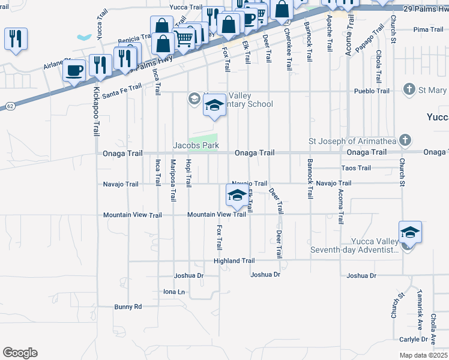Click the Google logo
tap(20, 353)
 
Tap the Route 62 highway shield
tap(11, 106)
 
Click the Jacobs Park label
tap(196, 145)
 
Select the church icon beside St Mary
tap(410, 90)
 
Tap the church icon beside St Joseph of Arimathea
tap(405, 141)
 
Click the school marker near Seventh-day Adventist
tap(410, 233)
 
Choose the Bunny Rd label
tap(128, 307)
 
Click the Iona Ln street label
tap(174, 292)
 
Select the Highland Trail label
tap(234, 261)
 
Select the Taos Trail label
tap(356, 168)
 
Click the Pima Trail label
tap(428, 29)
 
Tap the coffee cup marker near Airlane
tap(75, 70)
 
